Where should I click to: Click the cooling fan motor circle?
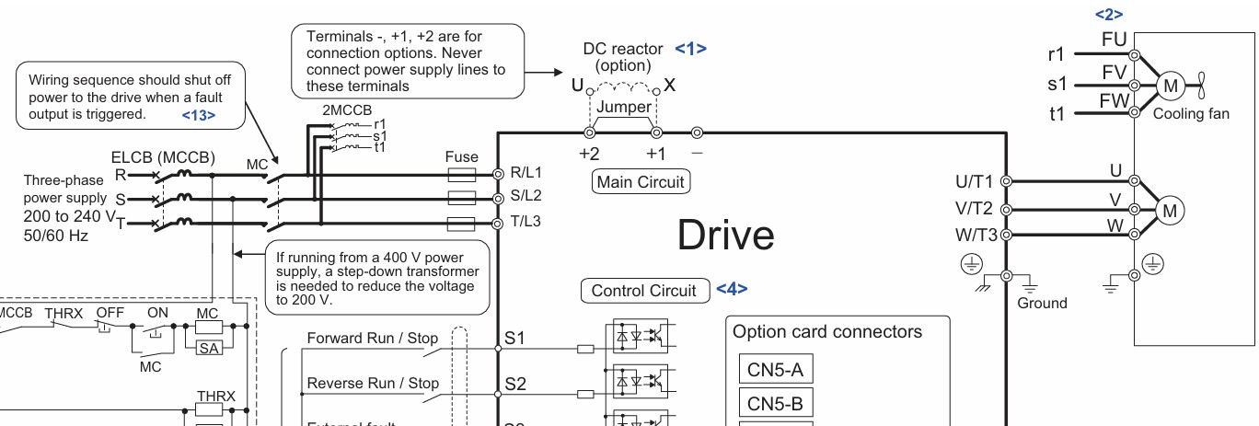[x=1171, y=86]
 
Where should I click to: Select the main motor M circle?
[x=1170, y=211]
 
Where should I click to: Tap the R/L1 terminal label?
[x=526, y=173]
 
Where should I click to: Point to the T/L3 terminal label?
[x=526, y=222]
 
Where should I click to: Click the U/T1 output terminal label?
[x=974, y=181]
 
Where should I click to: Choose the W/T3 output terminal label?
[x=976, y=235]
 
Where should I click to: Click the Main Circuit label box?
[x=641, y=181]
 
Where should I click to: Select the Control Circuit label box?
[x=644, y=291]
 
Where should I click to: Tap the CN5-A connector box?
[x=776, y=369]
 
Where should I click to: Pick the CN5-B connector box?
[x=776, y=403]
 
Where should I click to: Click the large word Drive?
[x=725, y=235]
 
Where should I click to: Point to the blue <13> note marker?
[x=199, y=115]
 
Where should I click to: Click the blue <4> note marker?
[x=732, y=289]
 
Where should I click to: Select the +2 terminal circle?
[x=590, y=132]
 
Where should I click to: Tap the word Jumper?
[x=624, y=107]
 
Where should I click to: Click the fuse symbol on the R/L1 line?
[x=461, y=175]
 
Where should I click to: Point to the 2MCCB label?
[x=347, y=110]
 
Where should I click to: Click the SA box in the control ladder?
[x=209, y=349]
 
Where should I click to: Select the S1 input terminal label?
[x=514, y=338]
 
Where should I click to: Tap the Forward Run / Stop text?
[x=372, y=338]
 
